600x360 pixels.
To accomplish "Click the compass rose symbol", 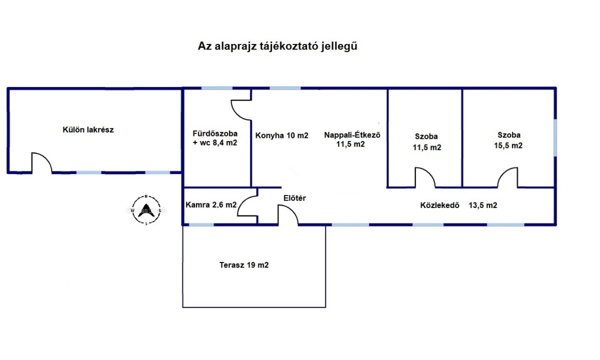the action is [146, 209].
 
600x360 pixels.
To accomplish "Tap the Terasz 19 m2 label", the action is [244, 265].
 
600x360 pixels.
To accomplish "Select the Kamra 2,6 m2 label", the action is [211, 205].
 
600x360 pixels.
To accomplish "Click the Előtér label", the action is [294, 198].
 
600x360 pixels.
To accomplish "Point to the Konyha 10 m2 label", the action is [282, 135].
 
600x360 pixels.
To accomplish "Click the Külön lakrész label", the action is [88, 129].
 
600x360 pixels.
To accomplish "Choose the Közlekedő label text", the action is [439, 205].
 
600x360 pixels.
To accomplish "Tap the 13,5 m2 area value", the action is [483, 205].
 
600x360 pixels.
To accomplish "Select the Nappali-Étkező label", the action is [352, 134].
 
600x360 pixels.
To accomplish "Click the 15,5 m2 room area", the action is [508, 145].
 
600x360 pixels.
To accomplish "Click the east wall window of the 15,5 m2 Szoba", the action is [555, 137].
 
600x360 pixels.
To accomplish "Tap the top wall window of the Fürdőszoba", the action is [216, 88].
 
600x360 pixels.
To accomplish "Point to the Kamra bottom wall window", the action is [201, 224].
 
